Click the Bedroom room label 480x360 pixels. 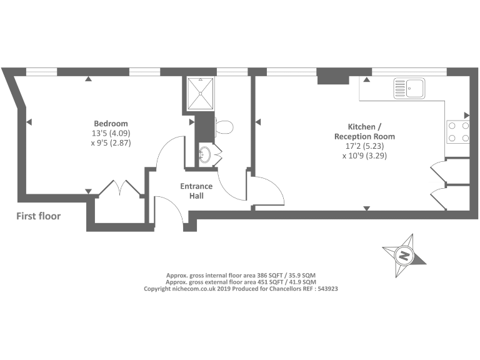[111, 123]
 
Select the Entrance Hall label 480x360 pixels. [196, 191]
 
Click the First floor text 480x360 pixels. [39, 216]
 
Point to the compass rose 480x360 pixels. [404, 255]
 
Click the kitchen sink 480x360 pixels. [409, 88]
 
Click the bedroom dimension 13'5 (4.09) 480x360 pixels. [111, 133]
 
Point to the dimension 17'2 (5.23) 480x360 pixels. [364, 146]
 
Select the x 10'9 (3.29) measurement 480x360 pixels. [364, 156]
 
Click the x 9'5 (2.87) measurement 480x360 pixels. [111, 143]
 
